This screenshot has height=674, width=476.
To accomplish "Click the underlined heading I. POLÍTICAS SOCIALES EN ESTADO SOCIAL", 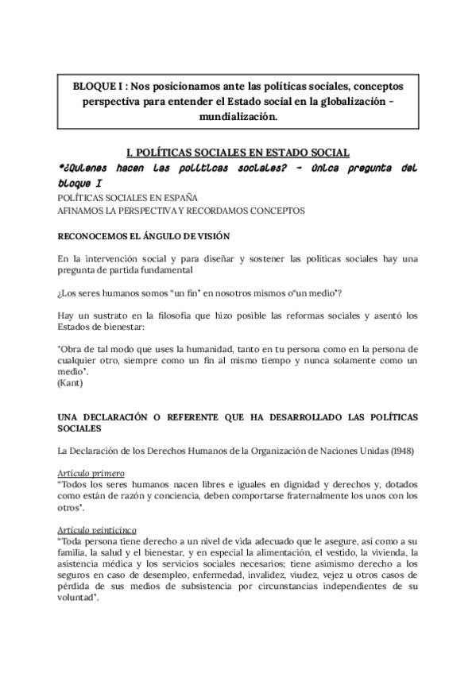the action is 238,153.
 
